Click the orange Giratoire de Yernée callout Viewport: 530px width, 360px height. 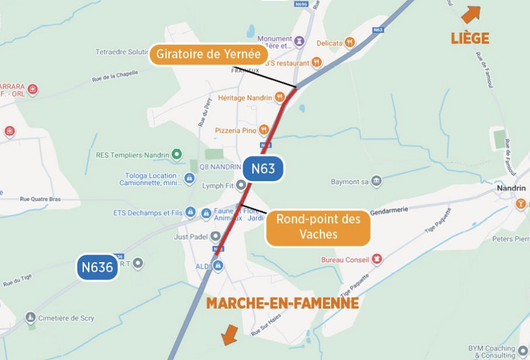(209, 55)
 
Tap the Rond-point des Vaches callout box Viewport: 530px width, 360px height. (318, 227)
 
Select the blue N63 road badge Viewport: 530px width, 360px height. (263, 170)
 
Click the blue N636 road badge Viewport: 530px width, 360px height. (97, 267)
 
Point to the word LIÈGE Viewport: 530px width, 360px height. (469, 38)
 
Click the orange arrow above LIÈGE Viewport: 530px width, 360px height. (471, 14)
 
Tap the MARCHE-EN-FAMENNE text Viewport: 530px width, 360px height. (282, 303)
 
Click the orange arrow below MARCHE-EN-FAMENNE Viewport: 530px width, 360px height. (230, 334)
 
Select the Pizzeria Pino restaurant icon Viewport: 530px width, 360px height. (264, 130)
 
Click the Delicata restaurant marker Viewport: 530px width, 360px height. (349, 43)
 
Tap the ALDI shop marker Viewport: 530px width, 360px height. (218, 266)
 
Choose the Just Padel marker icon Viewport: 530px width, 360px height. (216, 237)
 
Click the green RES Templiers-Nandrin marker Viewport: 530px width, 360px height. (177, 155)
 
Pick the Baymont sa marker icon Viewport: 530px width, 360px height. (377, 181)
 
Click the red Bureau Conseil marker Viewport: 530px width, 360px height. (377, 259)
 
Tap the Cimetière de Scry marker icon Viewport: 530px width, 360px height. (30, 317)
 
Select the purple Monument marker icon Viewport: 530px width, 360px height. (299, 41)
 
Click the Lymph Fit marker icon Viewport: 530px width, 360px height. (241, 186)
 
